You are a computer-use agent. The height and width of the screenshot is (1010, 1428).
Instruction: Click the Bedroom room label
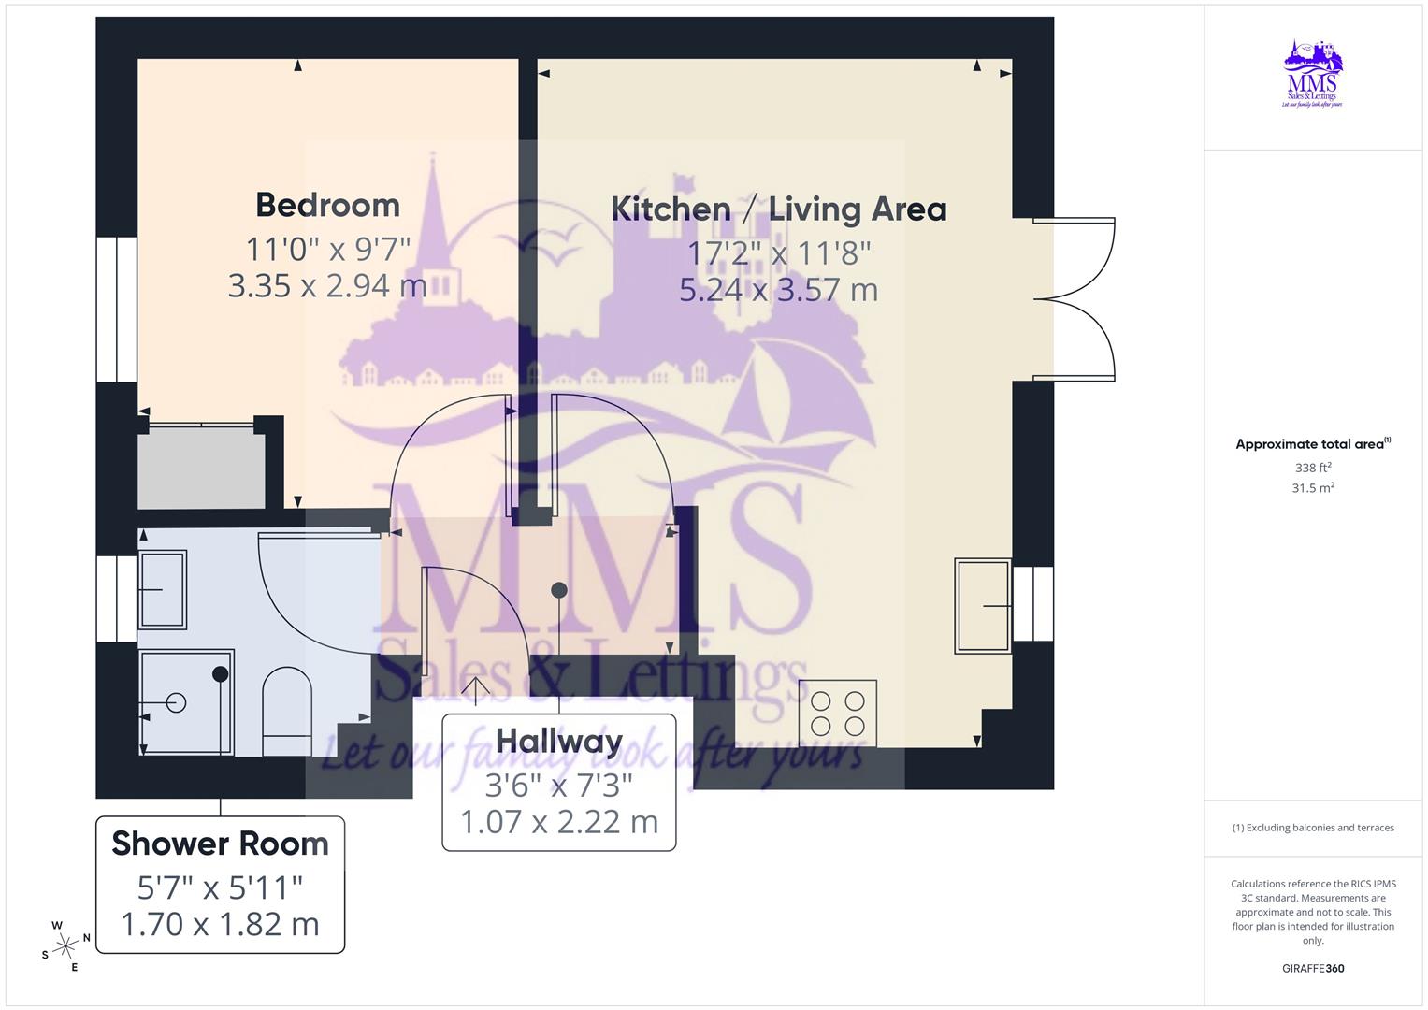pyautogui.click(x=327, y=205)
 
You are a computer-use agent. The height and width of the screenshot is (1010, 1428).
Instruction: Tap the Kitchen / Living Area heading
pyautogui.click(x=778, y=209)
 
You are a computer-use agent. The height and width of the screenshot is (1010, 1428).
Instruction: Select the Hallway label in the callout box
pyautogui.click(x=559, y=741)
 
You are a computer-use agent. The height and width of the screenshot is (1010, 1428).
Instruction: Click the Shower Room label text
pyautogui.click(x=220, y=844)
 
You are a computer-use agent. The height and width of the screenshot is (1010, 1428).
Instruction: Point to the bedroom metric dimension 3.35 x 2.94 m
pyautogui.click(x=327, y=285)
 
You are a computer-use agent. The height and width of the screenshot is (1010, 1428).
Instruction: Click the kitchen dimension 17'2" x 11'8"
pyautogui.click(x=779, y=252)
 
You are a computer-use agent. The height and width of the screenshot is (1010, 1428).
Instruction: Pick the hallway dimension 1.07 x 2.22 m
pyautogui.click(x=559, y=822)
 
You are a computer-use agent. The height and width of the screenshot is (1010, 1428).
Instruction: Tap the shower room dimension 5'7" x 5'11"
pyautogui.click(x=220, y=886)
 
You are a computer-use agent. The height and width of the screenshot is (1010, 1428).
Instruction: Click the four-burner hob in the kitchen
pyautogui.click(x=838, y=713)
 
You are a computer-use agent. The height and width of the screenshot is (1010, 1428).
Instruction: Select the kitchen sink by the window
pyautogui.click(x=982, y=606)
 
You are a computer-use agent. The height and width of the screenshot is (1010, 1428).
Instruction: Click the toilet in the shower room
pyautogui.click(x=287, y=711)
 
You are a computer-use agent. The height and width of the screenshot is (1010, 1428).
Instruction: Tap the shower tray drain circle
pyautogui.click(x=176, y=702)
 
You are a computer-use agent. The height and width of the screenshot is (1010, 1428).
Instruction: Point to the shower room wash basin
pyautogui.click(x=163, y=589)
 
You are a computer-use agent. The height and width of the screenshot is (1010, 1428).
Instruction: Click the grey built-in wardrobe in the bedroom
pyautogui.click(x=201, y=468)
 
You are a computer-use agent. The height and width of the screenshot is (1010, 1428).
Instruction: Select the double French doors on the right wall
pyautogui.click(x=1075, y=299)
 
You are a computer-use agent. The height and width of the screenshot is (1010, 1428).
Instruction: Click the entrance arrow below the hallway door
pyautogui.click(x=476, y=690)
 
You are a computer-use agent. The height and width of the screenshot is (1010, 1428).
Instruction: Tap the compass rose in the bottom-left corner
pyautogui.click(x=65, y=946)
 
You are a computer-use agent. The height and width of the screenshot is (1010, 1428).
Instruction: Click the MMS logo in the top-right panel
pyautogui.click(x=1313, y=75)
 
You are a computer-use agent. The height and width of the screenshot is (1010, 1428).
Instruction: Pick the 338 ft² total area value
pyautogui.click(x=1313, y=468)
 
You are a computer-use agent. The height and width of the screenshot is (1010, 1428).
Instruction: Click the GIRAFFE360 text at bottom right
pyautogui.click(x=1313, y=969)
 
